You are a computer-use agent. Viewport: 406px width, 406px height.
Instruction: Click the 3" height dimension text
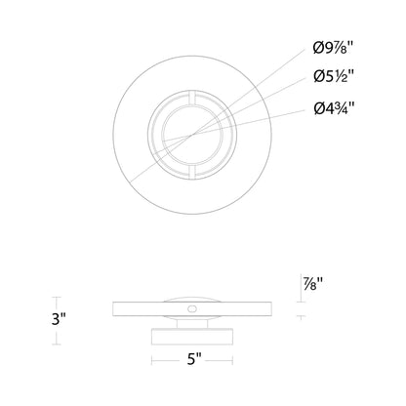point(32,318)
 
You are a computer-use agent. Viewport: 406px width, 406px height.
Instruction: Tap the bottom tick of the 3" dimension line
point(55,344)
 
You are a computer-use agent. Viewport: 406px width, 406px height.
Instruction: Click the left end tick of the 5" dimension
point(151,359)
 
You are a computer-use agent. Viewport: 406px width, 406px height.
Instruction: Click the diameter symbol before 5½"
point(319,75)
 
